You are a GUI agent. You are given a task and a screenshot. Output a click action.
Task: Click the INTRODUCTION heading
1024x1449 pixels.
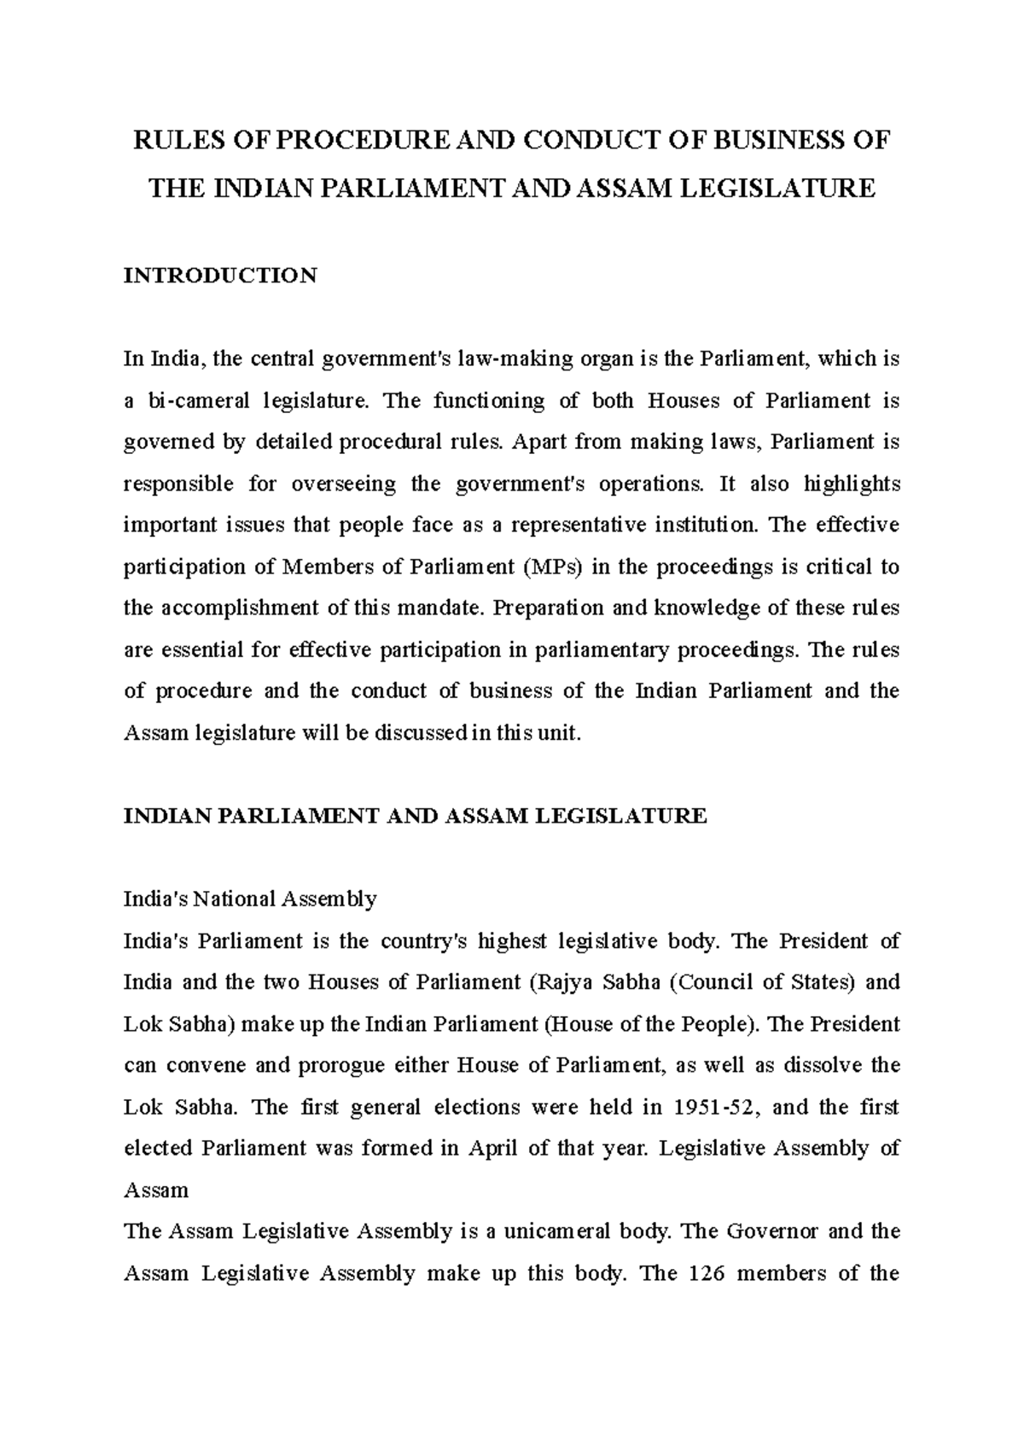coord(220,276)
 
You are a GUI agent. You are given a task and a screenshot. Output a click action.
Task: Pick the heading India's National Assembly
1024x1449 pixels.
coord(250,899)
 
